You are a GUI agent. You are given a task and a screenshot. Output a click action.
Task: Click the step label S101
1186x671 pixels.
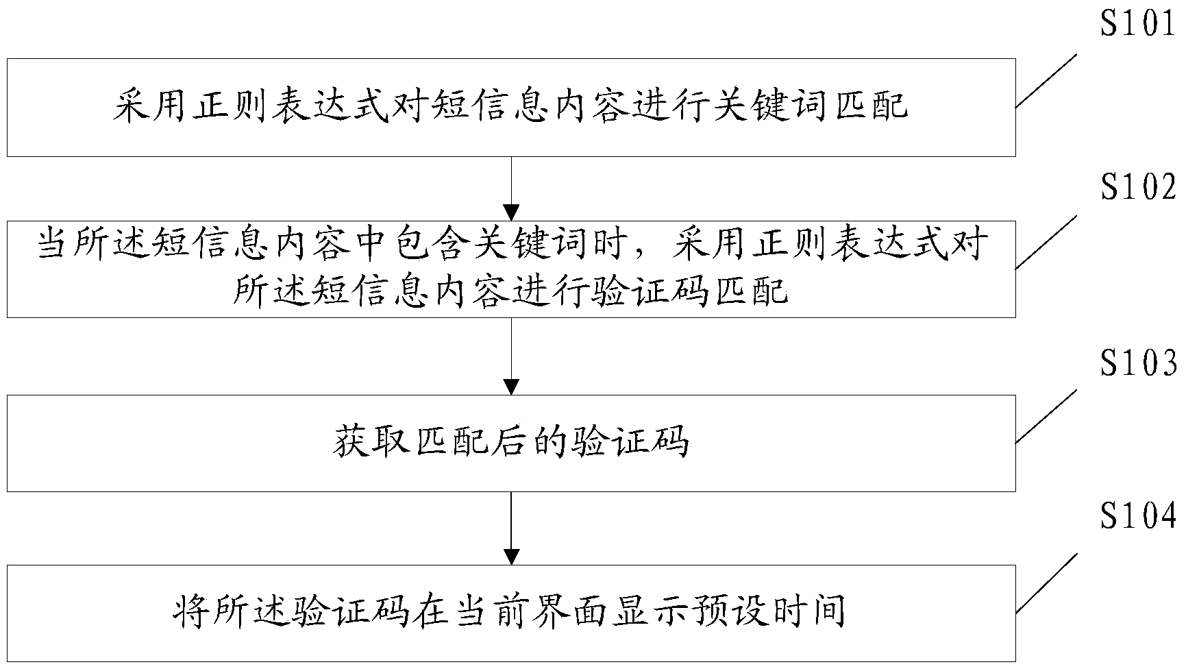[1137, 23]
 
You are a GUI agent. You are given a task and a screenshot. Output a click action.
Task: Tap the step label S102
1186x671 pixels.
[1137, 187]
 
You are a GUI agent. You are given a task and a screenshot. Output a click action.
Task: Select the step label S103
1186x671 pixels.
[1137, 363]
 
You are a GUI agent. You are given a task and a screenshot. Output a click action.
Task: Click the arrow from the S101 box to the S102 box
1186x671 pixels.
[511, 188]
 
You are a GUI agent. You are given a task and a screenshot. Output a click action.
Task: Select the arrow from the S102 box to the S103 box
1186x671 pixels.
[511, 356]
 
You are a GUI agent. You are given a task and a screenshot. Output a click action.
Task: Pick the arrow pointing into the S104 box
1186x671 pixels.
[511, 528]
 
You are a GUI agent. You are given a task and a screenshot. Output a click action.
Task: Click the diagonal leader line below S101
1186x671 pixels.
[1046, 81]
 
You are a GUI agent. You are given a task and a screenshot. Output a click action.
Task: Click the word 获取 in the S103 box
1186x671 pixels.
[373, 443]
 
